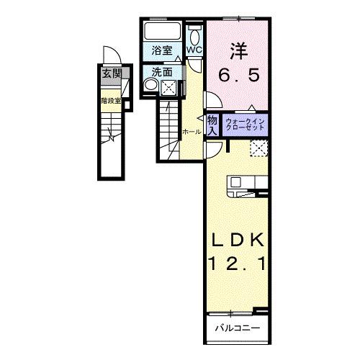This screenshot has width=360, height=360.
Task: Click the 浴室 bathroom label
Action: click(163, 50)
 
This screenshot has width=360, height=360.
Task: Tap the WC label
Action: click(195, 50)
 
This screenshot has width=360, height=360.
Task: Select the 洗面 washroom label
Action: click(163, 72)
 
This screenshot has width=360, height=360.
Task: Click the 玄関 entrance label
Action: click(111, 73)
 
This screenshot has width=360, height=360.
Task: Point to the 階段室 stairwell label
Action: click(110, 101)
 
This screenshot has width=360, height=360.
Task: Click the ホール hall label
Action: click(191, 132)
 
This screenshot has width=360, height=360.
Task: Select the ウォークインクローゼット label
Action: click(245, 123)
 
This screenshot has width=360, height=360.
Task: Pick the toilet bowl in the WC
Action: click(195, 37)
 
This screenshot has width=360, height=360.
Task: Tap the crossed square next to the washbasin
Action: click(168, 88)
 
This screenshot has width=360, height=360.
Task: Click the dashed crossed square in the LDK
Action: click(259, 148)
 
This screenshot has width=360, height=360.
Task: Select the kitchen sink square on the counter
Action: click(238, 184)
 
